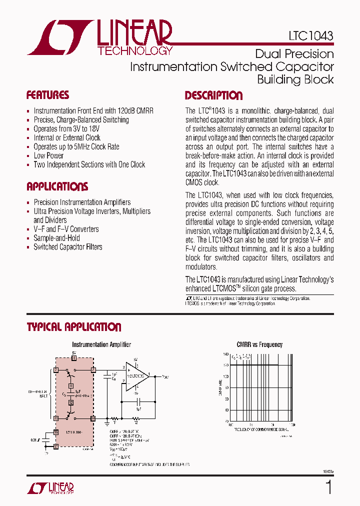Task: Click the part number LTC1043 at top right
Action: (310, 36)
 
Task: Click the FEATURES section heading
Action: (47, 95)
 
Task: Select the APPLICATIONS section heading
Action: (57, 186)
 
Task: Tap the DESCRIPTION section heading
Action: (213, 95)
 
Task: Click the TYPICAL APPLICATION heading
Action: (73, 327)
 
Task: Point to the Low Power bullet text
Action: (48, 155)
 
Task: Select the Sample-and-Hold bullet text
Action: (56, 238)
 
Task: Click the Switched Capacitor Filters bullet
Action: (67, 247)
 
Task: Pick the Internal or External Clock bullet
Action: (67, 137)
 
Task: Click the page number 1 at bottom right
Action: (328, 487)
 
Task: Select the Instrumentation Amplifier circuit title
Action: (101, 344)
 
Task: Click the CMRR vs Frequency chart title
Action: (259, 344)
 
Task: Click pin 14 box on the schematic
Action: (93, 418)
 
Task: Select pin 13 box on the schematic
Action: (56, 418)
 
